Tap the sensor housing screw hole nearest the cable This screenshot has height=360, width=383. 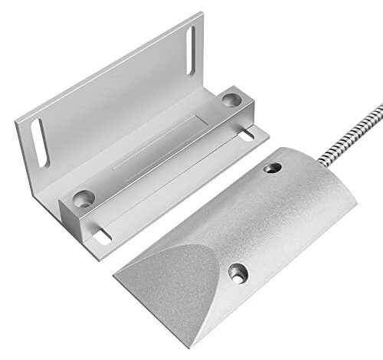pos(271,167)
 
